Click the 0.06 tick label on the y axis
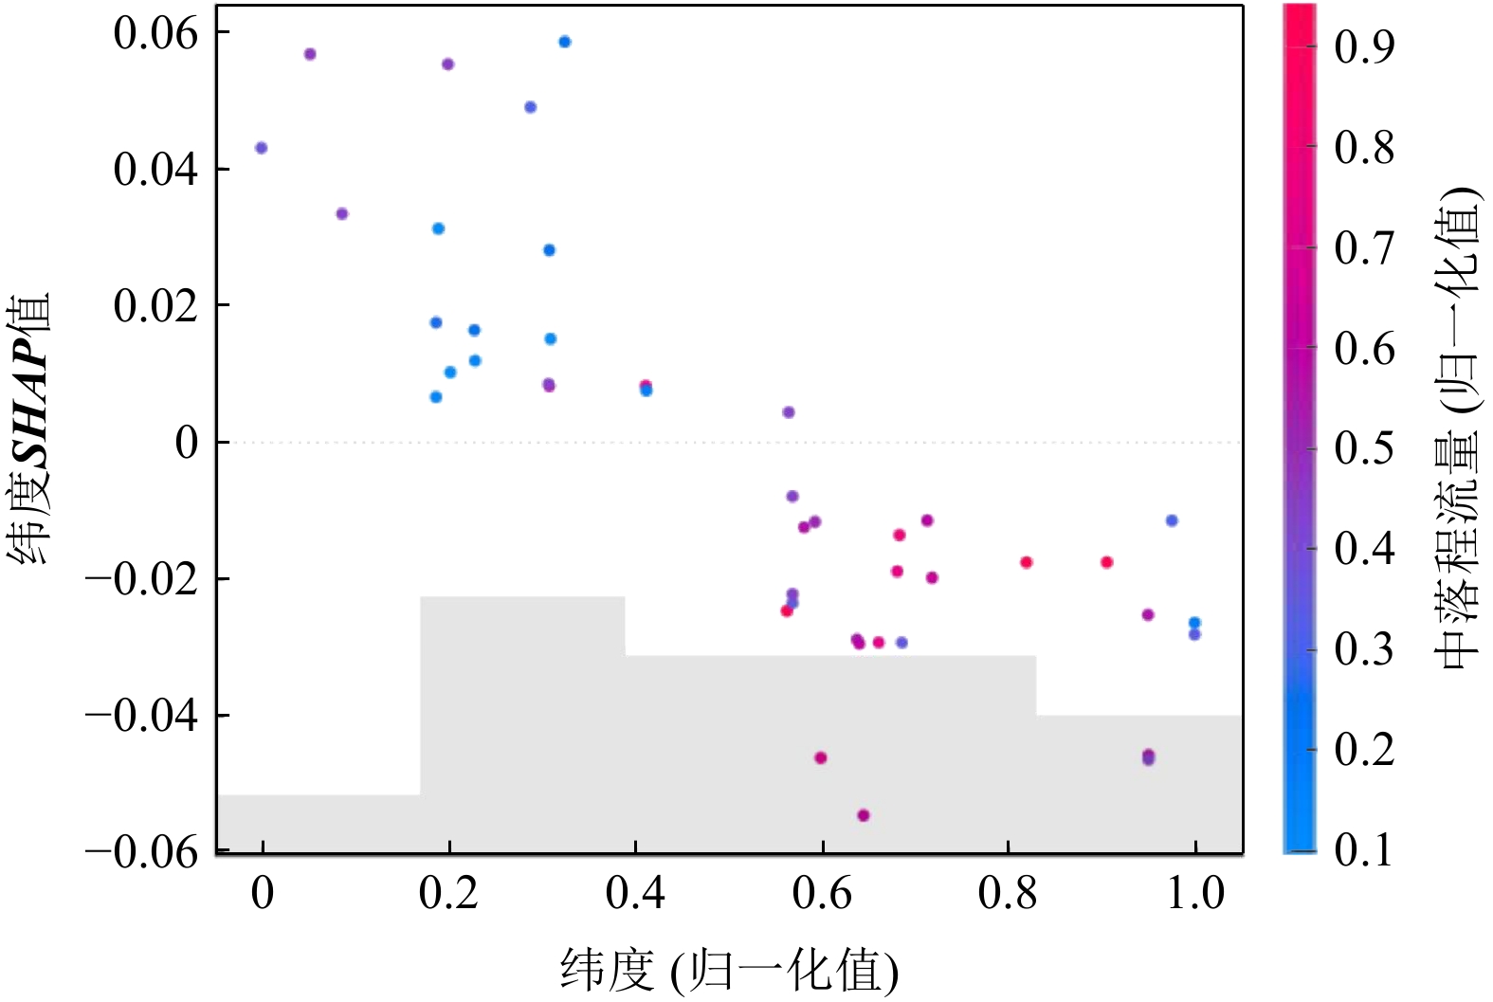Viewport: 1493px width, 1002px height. coord(155,34)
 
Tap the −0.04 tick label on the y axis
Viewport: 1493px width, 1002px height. coord(141,715)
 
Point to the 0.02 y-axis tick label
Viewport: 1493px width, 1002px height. coord(155,306)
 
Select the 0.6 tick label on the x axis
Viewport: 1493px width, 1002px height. coord(822,893)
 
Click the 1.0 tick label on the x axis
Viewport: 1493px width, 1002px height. coord(1194,893)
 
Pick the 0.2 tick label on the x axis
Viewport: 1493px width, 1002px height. coord(448,893)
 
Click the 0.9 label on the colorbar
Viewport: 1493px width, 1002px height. coord(1364,46)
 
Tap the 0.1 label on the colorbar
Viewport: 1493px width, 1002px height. coord(1364,850)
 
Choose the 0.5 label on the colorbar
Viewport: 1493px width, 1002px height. coord(1364,447)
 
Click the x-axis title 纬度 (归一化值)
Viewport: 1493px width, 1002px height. coord(729,970)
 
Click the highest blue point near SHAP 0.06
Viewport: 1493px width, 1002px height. coord(565,42)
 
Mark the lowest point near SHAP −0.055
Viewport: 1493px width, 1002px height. coord(864,815)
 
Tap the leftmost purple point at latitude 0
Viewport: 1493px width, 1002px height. coord(262,148)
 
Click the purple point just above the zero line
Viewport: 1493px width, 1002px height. coord(789,412)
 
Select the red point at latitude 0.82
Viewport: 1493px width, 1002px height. coord(1027,562)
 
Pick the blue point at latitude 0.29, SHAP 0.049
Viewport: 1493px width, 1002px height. coord(531,107)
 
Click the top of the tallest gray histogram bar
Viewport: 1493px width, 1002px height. coord(522,598)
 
